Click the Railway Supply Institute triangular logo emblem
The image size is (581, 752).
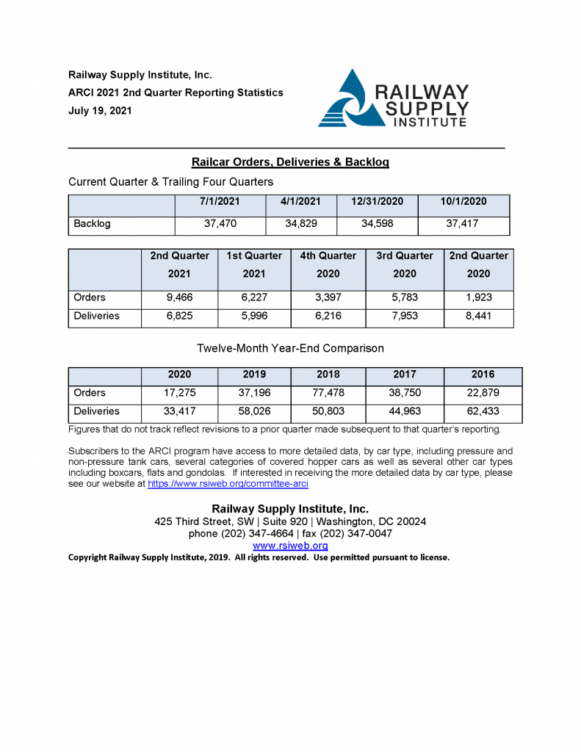pyautogui.click(x=344, y=99)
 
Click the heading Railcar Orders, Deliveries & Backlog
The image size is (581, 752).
pyautogui.click(x=290, y=162)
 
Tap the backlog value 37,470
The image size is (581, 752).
pyautogui.click(x=220, y=224)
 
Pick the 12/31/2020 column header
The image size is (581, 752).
pyautogui.click(x=377, y=202)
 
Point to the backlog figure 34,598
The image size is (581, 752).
pyautogui.click(x=377, y=224)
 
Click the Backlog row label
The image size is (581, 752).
pyautogui.click(x=92, y=224)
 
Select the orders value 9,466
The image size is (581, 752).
pyautogui.click(x=179, y=298)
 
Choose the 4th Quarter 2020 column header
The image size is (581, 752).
pyautogui.click(x=328, y=265)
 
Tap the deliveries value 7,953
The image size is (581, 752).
pyautogui.click(x=404, y=317)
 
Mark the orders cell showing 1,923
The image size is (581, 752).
pyautogui.click(x=478, y=298)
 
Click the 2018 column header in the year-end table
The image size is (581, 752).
pyautogui.click(x=328, y=375)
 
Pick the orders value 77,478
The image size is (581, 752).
pyautogui.click(x=328, y=393)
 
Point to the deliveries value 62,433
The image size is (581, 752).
pyautogui.click(x=483, y=411)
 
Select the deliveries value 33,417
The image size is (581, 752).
pyautogui.click(x=179, y=411)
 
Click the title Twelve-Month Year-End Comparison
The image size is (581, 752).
pyautogui.click(x=290, y=348)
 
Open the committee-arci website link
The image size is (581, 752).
pyautogui.click(x=228, y=485)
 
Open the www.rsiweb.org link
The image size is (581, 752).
pyautogui.click(x=290, y=546)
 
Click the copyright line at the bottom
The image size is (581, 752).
pyautogui.click(x=259, y=557)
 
